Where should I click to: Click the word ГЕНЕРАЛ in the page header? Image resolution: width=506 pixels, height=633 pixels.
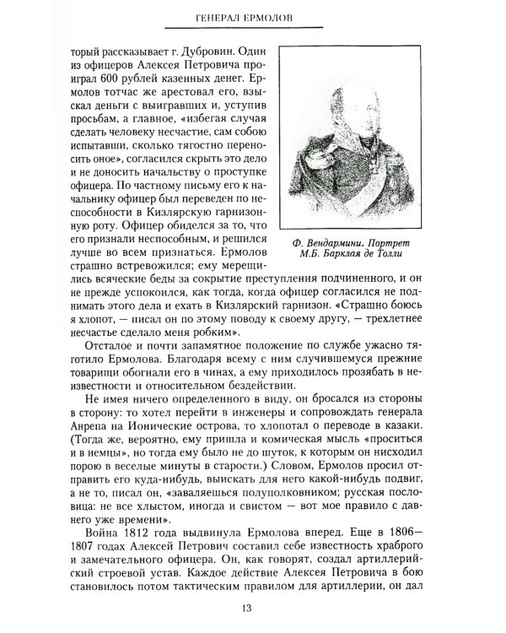(221, 19)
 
